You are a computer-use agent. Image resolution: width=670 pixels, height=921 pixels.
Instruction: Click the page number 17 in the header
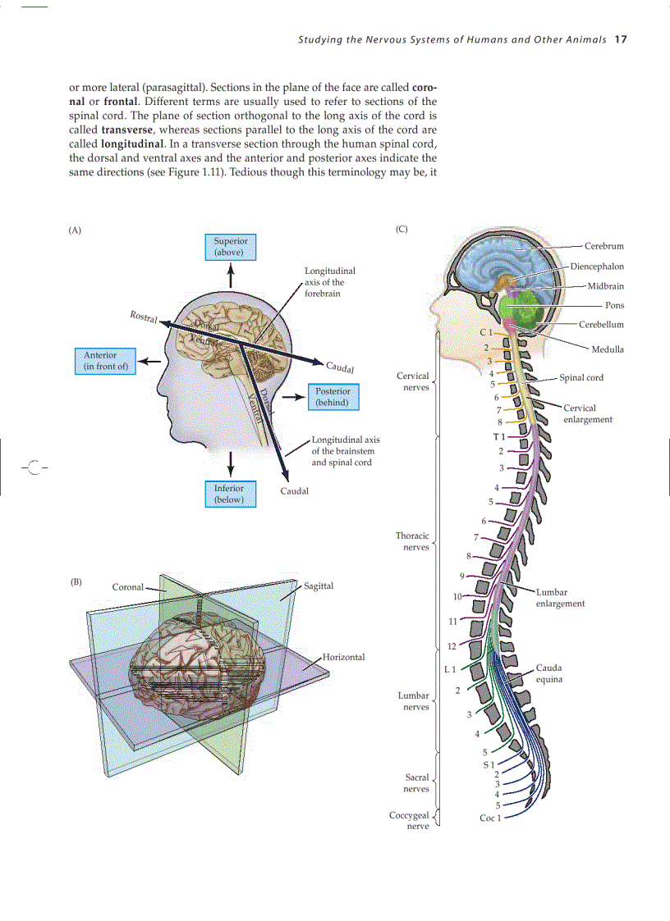point(620,39)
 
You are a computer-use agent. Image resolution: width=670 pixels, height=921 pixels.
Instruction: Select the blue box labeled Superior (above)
point(230,247)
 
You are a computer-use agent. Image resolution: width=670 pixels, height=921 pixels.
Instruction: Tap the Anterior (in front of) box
point(106,361)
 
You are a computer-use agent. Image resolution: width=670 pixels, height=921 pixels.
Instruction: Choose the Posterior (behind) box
point(333,397)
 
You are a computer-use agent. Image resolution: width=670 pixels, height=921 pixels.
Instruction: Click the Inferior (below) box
point(229,494)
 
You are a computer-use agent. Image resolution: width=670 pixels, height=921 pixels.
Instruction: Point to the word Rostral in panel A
point(145,317)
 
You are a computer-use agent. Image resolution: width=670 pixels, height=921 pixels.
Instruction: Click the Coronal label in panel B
point(127,587)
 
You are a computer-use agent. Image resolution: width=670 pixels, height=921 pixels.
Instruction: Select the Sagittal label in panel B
point(319,586)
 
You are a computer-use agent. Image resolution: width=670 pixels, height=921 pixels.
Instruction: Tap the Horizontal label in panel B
point(343,657)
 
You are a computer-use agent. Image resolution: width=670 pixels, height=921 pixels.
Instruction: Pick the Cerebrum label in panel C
point(603,246)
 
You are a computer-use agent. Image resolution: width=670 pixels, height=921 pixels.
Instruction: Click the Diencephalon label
point(597,267)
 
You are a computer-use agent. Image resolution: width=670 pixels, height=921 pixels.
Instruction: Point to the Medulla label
point(608,349)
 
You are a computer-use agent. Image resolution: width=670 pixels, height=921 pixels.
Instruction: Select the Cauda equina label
point(549,673)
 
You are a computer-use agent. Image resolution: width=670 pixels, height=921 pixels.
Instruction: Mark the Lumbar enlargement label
point(560,597)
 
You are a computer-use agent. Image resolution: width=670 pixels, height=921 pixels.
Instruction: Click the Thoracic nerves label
point(412,541)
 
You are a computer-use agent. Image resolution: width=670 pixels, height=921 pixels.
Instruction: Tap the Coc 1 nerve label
point(490,818)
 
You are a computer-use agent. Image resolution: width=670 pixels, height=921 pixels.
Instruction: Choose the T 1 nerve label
point(498,435)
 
